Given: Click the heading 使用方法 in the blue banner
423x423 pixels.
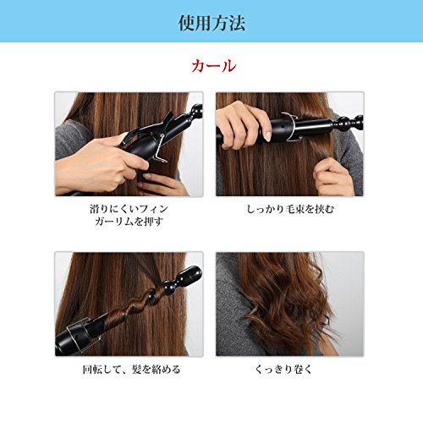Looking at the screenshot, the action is tap(211, 23).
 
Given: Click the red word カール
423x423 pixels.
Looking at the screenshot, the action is tap(214, 66).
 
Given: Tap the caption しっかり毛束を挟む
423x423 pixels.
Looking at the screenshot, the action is tap(290, 209).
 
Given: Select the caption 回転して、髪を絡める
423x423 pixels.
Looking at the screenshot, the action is tap(131, 370).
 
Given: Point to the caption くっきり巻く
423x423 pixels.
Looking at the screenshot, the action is tap(283, 369).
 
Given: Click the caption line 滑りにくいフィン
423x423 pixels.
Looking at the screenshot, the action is tap(129, 209).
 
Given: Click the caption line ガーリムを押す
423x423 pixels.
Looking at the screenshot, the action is tap(129, 222).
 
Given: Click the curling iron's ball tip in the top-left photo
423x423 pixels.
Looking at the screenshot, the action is tap(195, 112).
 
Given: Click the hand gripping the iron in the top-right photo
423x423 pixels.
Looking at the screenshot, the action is tap(243, 125).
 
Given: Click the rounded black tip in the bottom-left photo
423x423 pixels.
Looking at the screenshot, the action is tap(190, 275).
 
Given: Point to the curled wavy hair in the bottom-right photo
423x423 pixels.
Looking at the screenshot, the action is tap(288, 303).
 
